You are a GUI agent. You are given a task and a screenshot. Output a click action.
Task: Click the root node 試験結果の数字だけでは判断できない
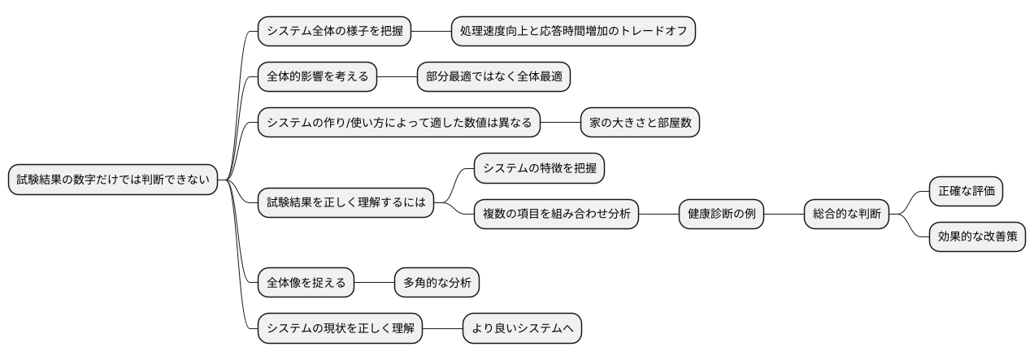(x=114, y=180)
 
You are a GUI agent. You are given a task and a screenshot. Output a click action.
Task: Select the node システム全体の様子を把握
(x=334, y=32)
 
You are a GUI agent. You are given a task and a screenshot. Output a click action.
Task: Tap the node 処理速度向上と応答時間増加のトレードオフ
(x=574, y=32)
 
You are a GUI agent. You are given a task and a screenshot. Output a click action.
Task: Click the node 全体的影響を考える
(x=317, y=77)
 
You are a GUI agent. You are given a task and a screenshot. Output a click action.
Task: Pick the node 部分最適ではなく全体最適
(x=493, y=77)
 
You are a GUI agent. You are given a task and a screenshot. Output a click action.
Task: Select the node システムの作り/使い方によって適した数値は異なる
(x=399, y=123)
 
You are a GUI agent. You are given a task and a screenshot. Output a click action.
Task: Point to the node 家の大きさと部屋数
(x=640, y=123)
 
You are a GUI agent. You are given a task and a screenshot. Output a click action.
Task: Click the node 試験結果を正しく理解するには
(x=345, y=202)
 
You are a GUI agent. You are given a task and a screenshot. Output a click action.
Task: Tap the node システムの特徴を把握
(x=540, y=168)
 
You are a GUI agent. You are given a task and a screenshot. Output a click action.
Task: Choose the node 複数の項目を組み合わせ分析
(x=557, y=215)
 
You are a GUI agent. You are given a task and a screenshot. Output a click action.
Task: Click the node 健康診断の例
(x=722, y=215)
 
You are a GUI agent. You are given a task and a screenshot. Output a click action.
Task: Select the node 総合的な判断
(x=846, y=215)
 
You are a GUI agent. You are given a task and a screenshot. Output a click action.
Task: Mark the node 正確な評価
(x=966, y=192)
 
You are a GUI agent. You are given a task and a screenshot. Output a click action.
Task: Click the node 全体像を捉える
(x=306, y=283)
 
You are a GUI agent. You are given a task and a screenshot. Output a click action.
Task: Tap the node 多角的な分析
(x=437, y=283)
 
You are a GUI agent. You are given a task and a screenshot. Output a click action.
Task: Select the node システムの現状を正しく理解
(x=340, y=328)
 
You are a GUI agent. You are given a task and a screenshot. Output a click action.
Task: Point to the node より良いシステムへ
(x=523, y=328)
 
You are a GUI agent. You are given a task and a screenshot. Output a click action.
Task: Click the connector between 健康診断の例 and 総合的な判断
(x=784, y=215)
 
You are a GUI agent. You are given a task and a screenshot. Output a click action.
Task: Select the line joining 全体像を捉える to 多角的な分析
(x=374, y=283)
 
